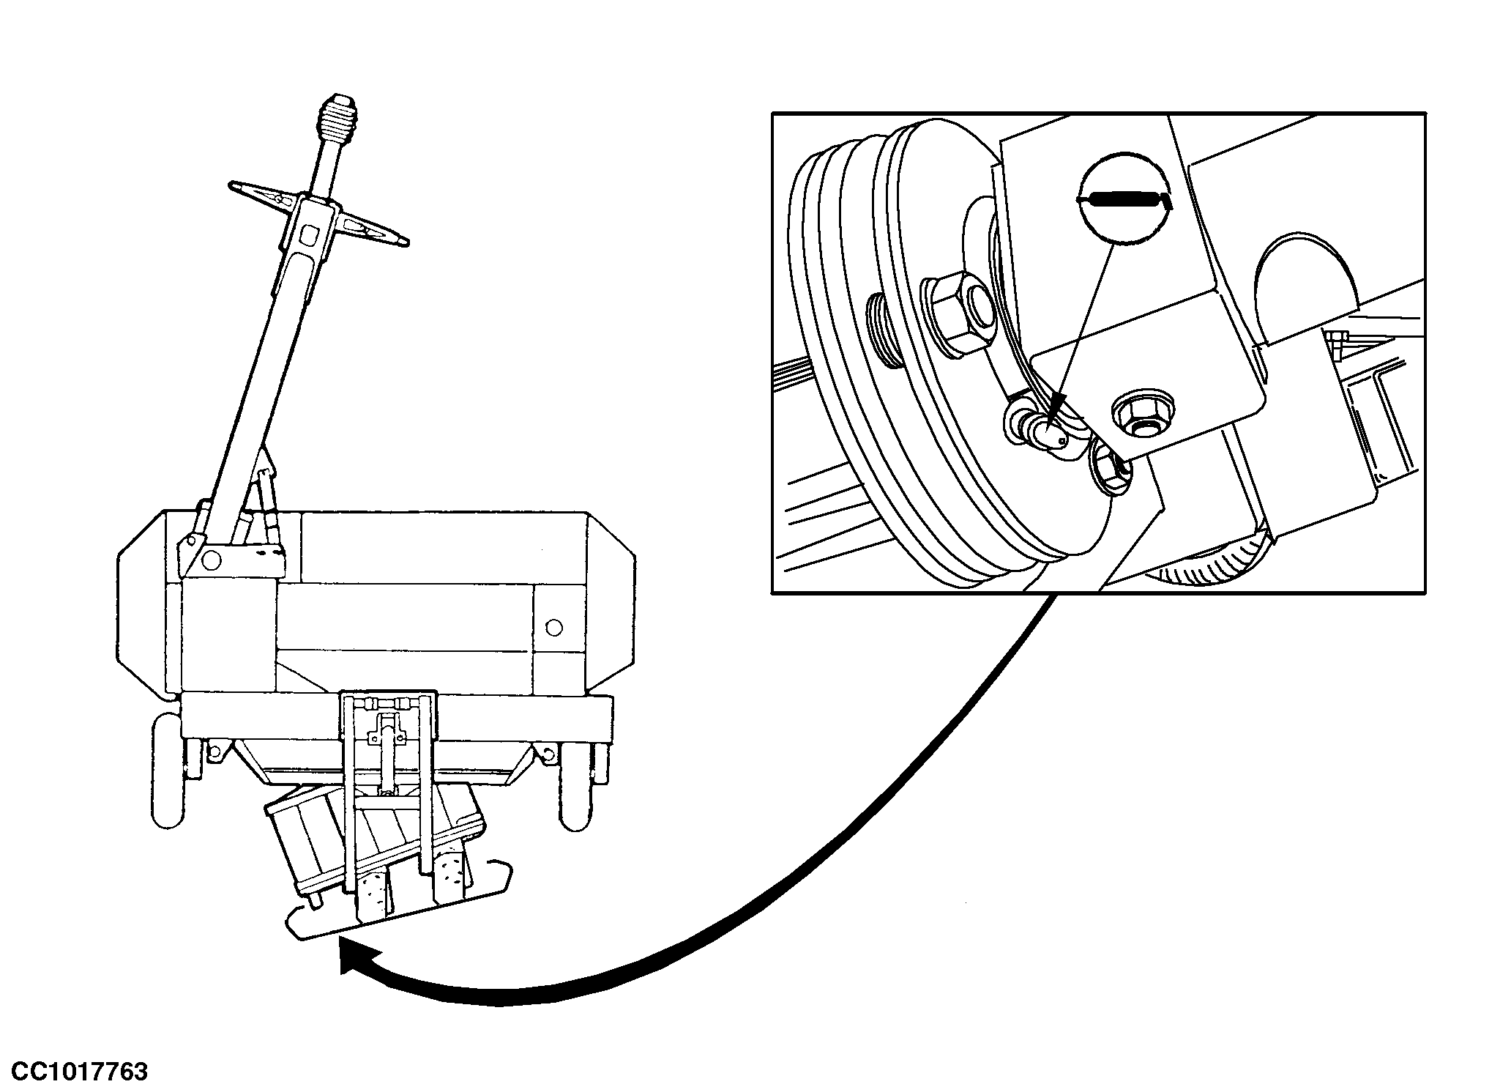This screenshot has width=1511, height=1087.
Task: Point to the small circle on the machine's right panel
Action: pos(554,627)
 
